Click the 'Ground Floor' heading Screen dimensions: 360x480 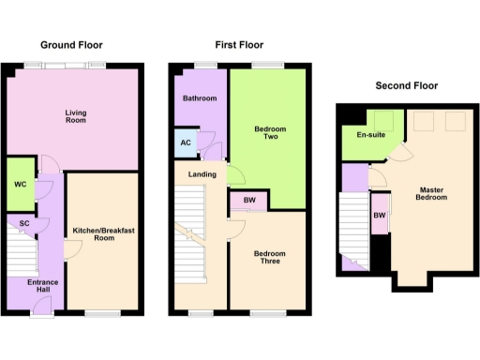pos(71,44)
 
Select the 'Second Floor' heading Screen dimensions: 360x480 pos(406,85)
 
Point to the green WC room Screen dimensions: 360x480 pos(19,183)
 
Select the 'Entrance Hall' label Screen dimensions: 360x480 pos(42,286)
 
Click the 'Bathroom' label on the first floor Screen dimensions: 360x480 pos(200,98)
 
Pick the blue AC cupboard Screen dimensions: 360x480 pos(185,143)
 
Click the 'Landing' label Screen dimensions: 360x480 pos(202,174)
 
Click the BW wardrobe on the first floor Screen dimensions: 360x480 pos(248,200)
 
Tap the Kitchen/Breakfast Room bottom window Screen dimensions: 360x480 pos(100,312)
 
